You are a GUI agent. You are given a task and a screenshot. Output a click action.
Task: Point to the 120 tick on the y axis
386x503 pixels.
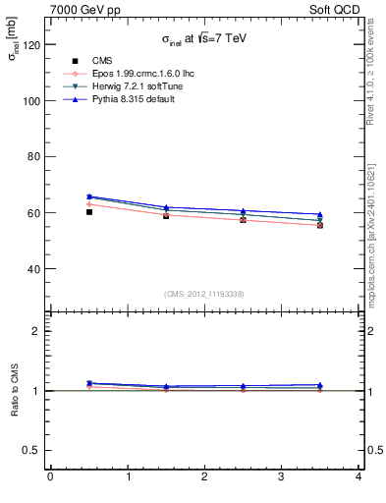click(x=33, y=45)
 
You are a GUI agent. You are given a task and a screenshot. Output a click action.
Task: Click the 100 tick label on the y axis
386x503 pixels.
click(x=33, y=101)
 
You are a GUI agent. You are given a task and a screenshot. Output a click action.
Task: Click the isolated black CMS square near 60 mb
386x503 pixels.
click(x=88, y=211)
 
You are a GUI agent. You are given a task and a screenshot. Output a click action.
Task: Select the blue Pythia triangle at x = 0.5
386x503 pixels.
click(x=88, y=196)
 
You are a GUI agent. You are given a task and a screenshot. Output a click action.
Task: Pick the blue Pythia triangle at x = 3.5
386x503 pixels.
click(x=320, y=214)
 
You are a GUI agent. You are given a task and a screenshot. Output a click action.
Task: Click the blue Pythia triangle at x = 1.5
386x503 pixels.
click(x=166, y=207)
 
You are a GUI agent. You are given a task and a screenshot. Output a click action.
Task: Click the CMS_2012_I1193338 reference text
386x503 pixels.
click(x=204, y=294)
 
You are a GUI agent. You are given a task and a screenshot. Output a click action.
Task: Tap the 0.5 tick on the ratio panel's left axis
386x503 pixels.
click(x=33, y=450)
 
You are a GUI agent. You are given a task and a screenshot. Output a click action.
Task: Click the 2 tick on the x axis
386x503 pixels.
click(x=204, y=476)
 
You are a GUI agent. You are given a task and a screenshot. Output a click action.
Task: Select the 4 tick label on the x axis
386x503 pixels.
click(x=358, y=476)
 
